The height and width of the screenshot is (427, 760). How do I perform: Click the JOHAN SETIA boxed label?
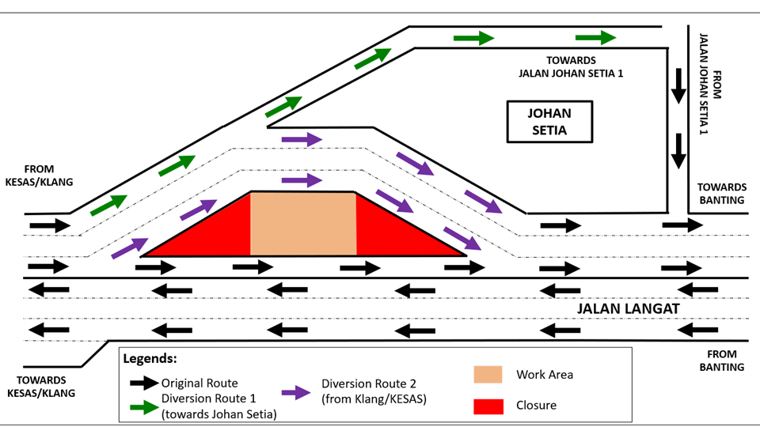click(x=549, y=122)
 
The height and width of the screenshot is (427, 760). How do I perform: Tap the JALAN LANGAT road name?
click(x=627, y=308)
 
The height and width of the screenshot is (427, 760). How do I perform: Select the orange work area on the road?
click(x=303, y=224)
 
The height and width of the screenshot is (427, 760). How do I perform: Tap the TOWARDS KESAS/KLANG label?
click(x=40, y=387)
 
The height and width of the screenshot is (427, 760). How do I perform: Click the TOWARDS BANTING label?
click(x=721, y=194)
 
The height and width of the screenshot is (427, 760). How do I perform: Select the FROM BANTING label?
click(x=721, y=361)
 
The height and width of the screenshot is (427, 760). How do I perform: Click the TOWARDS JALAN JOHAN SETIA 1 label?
click(x=571, y=66)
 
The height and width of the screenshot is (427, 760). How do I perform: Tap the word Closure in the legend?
click(x=536, y=406)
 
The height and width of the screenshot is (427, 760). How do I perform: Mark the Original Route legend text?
click(x=199, y=383)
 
